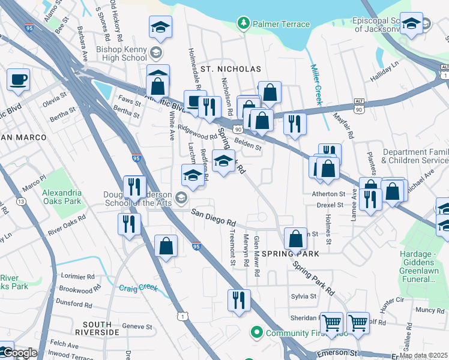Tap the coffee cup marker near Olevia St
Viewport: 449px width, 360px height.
tap(18, 80)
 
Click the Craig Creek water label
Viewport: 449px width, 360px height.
tap(139, 288)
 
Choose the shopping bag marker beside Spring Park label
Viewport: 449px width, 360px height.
tap(295, 239)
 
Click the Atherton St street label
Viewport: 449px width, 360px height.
tap(328, 194)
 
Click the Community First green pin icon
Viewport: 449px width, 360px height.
tap(257, 332)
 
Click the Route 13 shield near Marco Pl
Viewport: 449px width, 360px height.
tap(22, 202)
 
